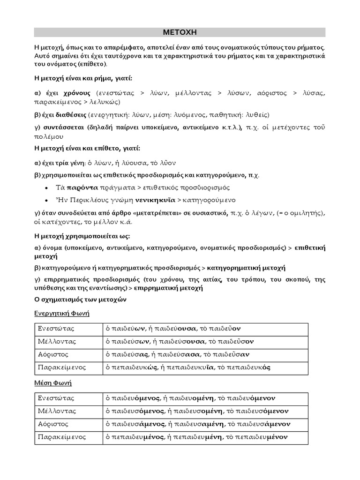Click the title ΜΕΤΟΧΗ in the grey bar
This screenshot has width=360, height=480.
tap(180, 32)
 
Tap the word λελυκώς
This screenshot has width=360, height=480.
tap(107, 101)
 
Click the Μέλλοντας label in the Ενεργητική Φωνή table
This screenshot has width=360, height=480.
tap(57, 341)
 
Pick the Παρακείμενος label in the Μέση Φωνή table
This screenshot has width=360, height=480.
tap(62, 437)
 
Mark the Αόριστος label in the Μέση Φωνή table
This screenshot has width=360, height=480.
tap(53, 424)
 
